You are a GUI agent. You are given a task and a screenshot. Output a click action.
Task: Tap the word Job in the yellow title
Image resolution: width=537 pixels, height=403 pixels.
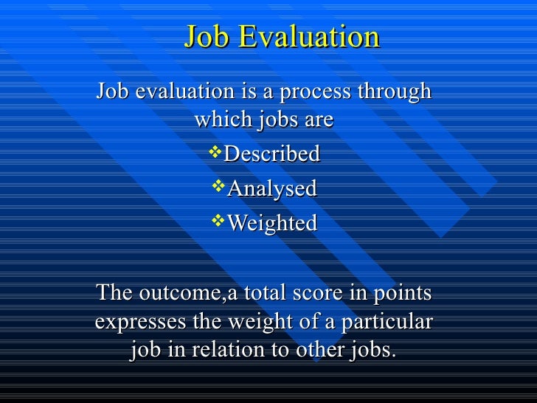pyautogui.click(x=207, y=37)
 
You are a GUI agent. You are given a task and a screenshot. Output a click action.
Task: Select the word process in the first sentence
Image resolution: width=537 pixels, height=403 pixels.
pyautogui.click(x=306, y=94)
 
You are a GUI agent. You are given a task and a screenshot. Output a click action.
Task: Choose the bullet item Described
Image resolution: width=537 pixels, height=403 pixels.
pyautogui.click(x=271, y=154)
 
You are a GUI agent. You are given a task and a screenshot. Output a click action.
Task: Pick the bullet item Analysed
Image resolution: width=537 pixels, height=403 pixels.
pyautogui.click(x=271, y=189)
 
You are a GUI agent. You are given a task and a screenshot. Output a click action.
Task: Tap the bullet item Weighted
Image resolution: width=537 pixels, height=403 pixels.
pyautogui.click(x=271, y=223)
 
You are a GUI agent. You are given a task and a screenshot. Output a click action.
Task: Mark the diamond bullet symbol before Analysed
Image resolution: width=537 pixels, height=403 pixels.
pyautogui.click(x=219, y=187)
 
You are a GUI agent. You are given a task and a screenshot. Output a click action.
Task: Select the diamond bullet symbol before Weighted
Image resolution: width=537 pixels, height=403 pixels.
pyautogui.click(x=219, y=221)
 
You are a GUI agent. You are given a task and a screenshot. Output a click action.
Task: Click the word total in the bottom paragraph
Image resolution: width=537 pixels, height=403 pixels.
pyautogui.click(x=274, y=294)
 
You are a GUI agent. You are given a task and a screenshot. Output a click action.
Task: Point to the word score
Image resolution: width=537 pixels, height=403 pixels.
pyautogui.click(x=326, y=294)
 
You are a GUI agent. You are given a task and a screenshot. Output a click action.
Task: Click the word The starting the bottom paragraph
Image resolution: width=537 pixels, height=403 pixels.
pyautogui.click(x=114, y=293)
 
